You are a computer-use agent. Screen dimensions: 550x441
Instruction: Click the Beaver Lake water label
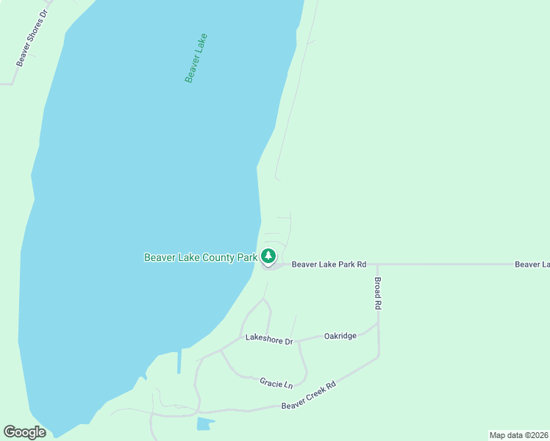tap(196, 57)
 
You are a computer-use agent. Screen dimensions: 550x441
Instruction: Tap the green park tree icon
tap(269, 257)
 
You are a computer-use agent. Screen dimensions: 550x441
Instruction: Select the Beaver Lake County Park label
tap(201, 257)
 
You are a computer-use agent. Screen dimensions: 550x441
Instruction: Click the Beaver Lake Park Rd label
tap(329, 264)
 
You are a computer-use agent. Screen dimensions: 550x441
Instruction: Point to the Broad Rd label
tap(378, 293)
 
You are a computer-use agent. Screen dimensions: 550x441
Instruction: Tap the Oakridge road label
tap(340, 336)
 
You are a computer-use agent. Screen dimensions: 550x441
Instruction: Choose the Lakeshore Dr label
tap(269, 340)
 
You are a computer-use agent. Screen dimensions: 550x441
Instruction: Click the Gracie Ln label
tap(276, 383)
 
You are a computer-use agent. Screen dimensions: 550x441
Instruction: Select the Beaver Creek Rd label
tap(308, 395)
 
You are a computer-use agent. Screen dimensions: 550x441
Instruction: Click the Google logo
tap(24, 432)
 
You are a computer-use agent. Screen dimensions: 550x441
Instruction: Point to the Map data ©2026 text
tap(518, 435)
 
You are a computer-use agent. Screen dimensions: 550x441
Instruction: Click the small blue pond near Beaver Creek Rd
tap(205, 423)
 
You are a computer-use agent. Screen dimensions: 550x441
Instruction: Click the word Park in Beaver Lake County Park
tap(247, 257)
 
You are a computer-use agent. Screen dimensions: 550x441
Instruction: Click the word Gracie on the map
tap(271, 382)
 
